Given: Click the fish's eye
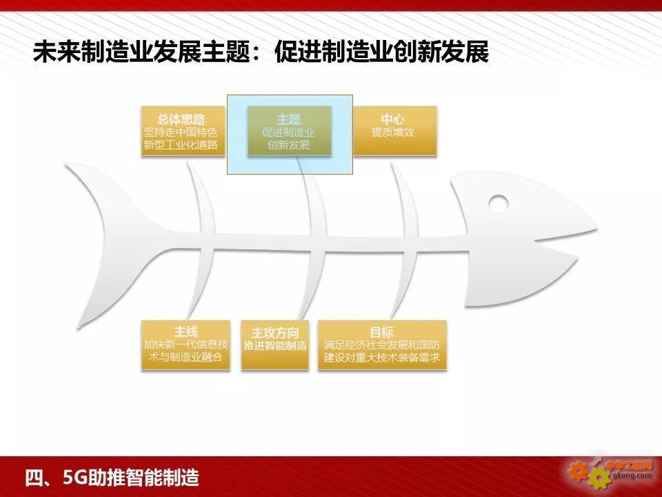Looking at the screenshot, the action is click(499, 203).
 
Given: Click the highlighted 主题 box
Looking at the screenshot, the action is click(289, 131).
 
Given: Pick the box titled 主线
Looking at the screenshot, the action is click(185, 345).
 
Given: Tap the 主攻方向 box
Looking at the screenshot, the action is click(275, 345).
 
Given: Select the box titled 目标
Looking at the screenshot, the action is click(382, 345).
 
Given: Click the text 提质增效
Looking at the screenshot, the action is click(392, 133).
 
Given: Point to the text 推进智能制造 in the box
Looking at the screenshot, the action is click(275, 346).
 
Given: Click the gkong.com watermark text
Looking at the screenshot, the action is click(632, 476).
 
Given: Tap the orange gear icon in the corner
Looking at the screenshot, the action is click(578, 471).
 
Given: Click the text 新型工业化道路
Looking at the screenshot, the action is click(181, 145).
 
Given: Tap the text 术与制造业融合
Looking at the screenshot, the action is click(185, 357).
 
